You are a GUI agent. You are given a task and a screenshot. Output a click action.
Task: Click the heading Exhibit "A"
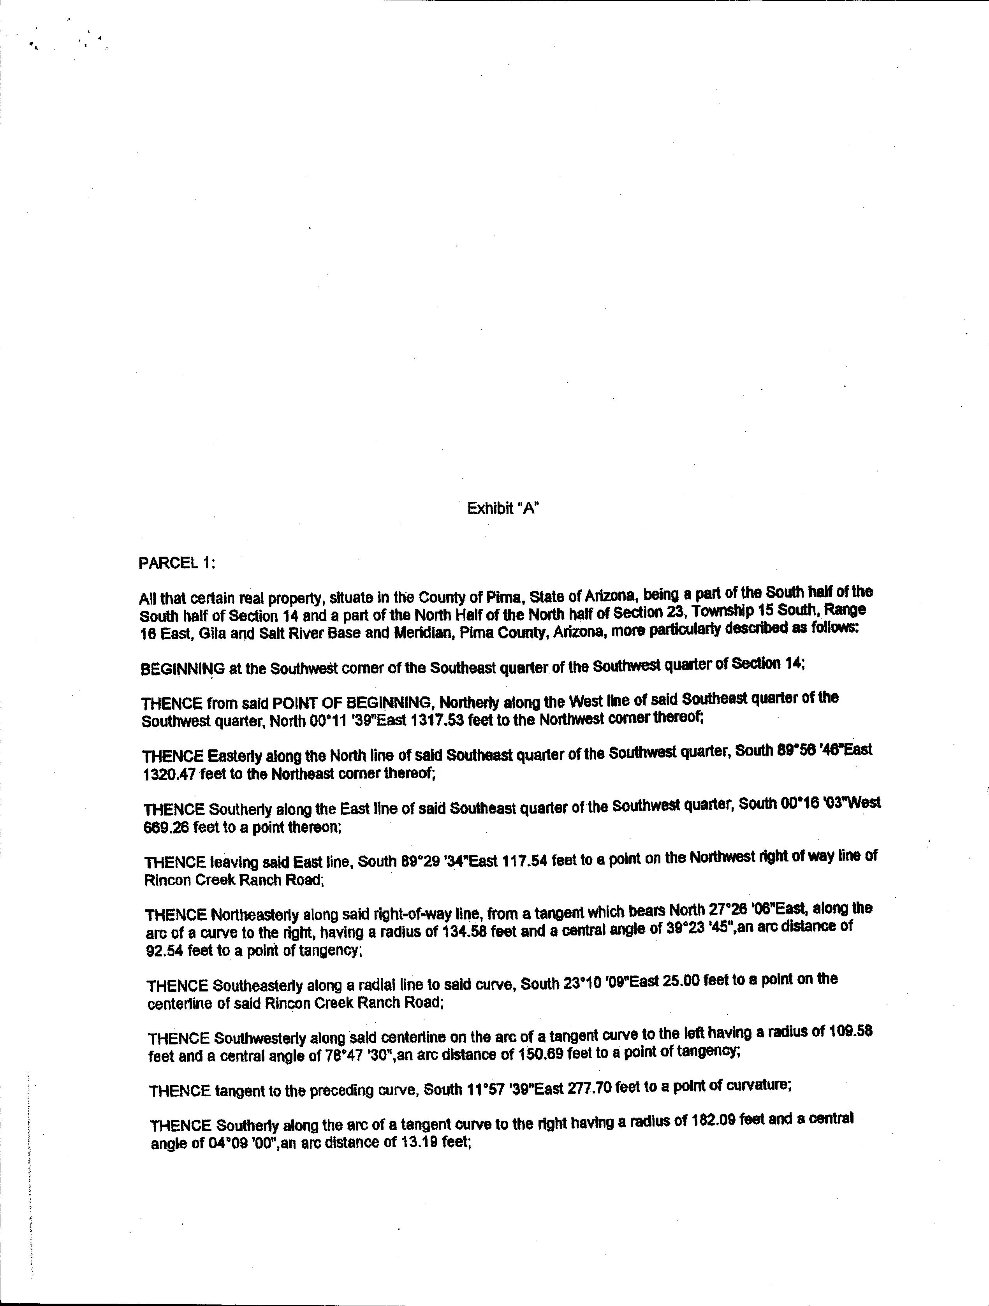[503, 508]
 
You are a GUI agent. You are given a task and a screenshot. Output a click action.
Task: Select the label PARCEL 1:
[176, 563]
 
